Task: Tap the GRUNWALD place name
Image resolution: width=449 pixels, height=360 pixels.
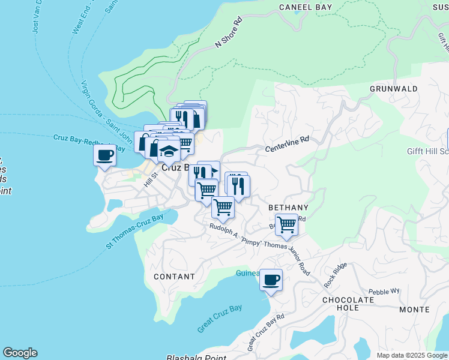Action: (393, 88)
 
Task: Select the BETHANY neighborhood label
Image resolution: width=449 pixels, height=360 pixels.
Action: (288, 208)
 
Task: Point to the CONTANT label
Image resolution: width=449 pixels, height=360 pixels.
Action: (174, 277)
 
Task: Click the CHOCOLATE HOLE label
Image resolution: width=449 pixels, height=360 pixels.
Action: (349, 304)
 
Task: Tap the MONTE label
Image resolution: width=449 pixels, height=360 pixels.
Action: (415, 310)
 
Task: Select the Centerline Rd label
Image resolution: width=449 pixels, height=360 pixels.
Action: (288, 143)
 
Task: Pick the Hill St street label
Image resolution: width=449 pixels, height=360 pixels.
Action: (150, 179)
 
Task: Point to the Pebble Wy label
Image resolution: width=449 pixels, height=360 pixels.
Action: (384, 292)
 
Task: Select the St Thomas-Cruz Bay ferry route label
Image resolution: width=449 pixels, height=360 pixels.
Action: (134, 231)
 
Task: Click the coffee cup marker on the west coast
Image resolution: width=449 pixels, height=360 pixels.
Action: (105, 155)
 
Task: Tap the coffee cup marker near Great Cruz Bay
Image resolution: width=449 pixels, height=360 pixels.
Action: (271, 280)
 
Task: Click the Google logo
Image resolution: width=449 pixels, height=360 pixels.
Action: (20, 353)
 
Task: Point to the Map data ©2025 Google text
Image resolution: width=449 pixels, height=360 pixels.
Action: (412, 355)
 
